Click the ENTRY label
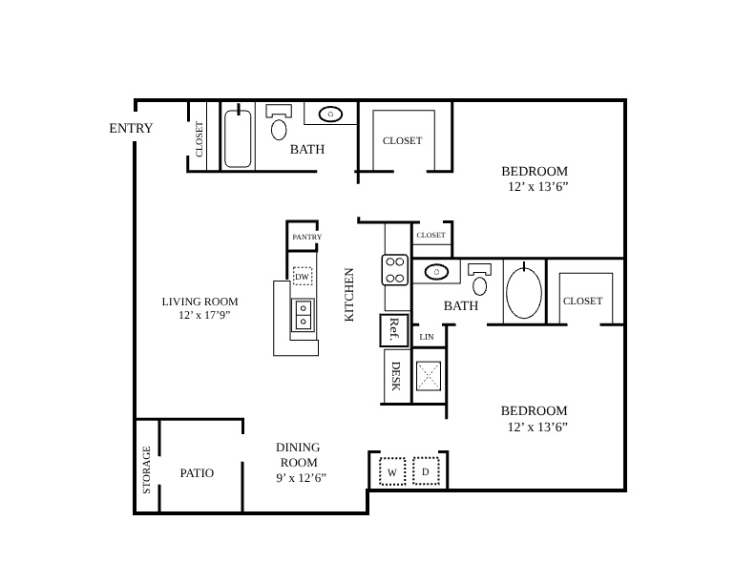(x=131, y=128)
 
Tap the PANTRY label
(x=306, y=237)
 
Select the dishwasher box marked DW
(x=303, y=276)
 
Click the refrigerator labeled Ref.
(x=394, y=330)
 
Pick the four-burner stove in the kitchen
(x=395, y=270)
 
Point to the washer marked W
(x=392, y=471)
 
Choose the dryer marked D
(x=426, y=471)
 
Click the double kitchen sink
(x=303, y=315)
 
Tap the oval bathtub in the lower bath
(x=524, y=291)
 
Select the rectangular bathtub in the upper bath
(x=238, y=138)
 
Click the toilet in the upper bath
(x=279, y=122)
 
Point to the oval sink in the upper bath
(x=330, y=115)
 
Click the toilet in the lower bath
(x=480, y=279)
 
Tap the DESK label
(x=396, y=376)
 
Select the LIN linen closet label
(x=427, y=337)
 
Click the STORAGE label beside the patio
(x=147, y=469)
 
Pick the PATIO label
(x=197, y=473)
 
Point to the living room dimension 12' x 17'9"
(x=204, y=315)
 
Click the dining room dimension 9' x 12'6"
(x=302, y=478)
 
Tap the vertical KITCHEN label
(x=349, y=295)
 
